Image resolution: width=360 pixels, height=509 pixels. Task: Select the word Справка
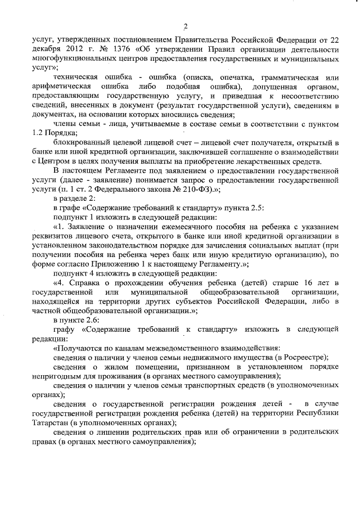[86, 282]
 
